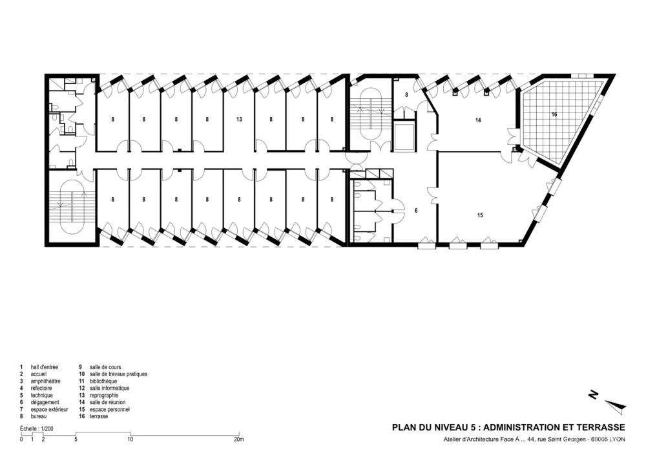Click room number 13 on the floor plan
(239, 120)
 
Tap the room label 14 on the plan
(478, 120)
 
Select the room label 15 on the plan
(480, 215)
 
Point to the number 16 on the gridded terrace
(554, 114)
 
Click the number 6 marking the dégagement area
(416, 211)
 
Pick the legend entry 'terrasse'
(99, 417)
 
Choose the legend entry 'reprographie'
(104, 396)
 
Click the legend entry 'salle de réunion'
(107, 402)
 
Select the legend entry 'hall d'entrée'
(45, 367)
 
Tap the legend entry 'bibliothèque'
(103, 381)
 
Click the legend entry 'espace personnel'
(110, 410)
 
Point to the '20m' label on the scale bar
(239, 440)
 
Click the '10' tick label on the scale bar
(130, 440)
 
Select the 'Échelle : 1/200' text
(37, 429)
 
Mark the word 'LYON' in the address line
(617, 440)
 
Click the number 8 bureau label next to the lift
(406, 95)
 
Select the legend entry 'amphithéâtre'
(45, 381)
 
